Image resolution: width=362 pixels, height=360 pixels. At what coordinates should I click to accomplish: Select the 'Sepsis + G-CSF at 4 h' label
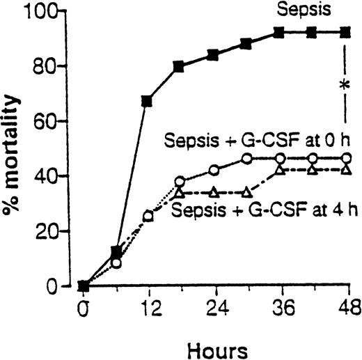[x=265, y=210]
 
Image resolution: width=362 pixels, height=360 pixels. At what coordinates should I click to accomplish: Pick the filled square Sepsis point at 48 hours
[x=344, y=33]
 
